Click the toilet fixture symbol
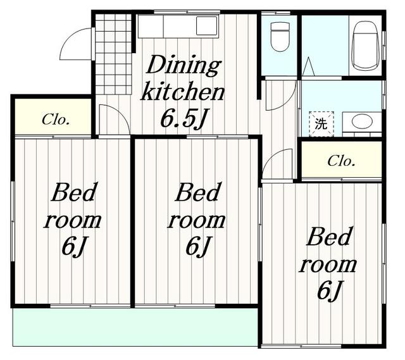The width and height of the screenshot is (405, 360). (x=280, y=37)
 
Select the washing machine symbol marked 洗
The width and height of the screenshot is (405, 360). (x=321, y=124)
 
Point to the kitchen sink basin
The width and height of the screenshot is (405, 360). (x=206, y=26)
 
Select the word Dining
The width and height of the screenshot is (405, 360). (x=184, y=65)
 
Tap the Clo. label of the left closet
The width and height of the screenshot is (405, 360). (x=56, y=120)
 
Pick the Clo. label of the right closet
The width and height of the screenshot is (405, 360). (x=341, y=161)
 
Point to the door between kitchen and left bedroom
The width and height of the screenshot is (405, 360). (x=114, y=120)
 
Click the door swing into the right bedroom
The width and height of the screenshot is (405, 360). (x=277, y=164)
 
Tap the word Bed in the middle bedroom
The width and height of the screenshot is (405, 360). (x=198, y=192)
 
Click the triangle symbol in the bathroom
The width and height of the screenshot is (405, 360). (x=308, y=66)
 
